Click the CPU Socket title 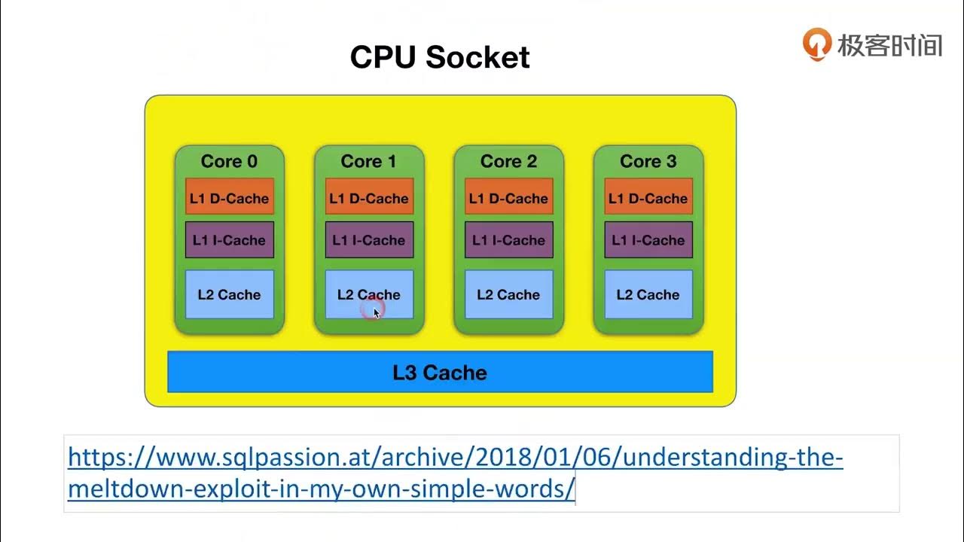click(440, 57)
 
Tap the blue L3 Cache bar click(440, 372)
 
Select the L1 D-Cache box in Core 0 click(229, 198)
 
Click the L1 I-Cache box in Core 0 click(229, 240)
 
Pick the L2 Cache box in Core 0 click(229, 294)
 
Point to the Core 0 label click(229, 161)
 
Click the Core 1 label click(368, 161)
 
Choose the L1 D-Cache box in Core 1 click(369, 198)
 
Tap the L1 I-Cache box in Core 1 click(369, 240)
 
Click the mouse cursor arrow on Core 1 click(376, 312)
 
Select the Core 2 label click(508, 161)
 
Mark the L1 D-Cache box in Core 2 click(508, 198)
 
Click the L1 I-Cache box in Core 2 click(508, 240)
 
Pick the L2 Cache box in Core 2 click(508, 294)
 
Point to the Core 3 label click(648, 161)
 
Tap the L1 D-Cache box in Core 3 click(648, 198)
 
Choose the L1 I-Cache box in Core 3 click(648, 240)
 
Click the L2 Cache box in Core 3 click(648, 294)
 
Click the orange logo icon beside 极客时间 click(816, 44)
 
